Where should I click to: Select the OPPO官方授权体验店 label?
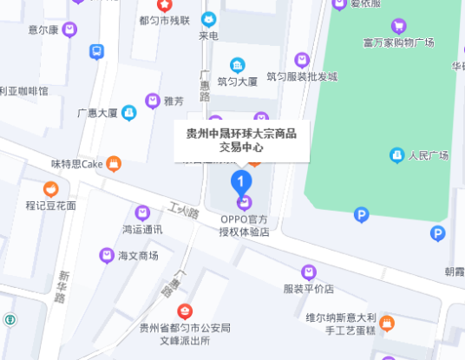click(244, 226)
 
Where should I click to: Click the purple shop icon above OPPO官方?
click(245, 203)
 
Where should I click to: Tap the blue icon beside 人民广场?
click(396, 155)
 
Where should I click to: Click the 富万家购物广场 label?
click(399, 42)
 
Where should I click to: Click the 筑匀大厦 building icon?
click(237, 65)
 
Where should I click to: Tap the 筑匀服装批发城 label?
click(301, 76)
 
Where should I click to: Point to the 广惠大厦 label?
click(97, 112)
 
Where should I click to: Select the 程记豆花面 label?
click(50, 206)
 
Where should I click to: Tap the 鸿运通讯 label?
click(142, 230)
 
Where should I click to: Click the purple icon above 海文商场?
click(106, 255)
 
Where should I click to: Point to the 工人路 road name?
click(184, 211)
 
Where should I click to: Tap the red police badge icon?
click(185, 311)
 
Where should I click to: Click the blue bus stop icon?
click(96, 52)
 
